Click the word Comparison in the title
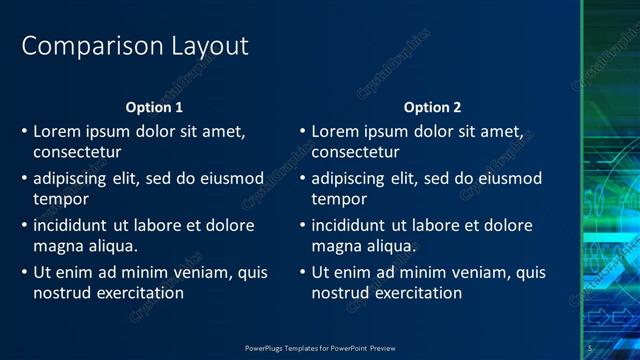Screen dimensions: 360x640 (81, 46)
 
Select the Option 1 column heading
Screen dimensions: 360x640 (154, 107)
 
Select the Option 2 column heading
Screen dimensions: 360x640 (432, 107)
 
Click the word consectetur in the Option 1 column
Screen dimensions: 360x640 (77, 152)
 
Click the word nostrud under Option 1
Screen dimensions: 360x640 (62, 293)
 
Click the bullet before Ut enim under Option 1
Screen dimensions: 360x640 (24, 272)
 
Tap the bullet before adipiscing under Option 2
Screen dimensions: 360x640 (302, 178)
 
